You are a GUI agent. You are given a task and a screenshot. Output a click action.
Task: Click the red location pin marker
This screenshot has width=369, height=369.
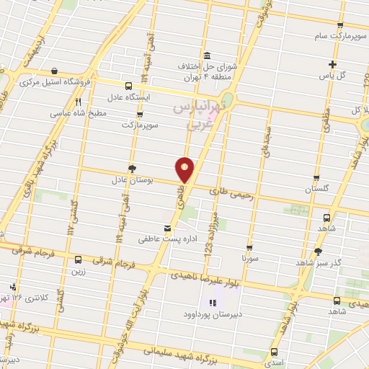pos(185,169)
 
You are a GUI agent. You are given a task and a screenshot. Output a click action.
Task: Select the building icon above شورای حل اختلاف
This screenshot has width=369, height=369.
pos(208,56)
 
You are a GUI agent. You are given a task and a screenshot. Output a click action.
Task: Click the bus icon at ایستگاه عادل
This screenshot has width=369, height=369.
pos(128,85)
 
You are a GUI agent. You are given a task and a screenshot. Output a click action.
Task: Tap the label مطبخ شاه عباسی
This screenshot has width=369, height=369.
pos(79,113)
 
